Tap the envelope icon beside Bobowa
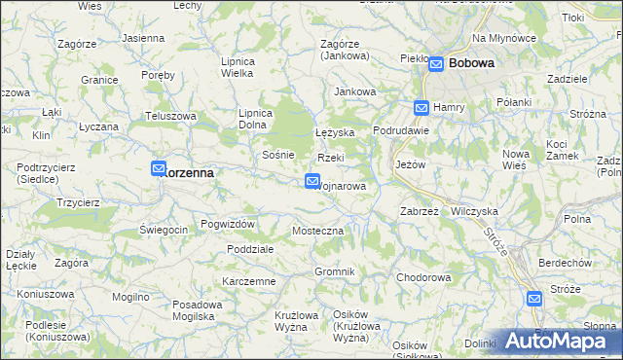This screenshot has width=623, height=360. (x=437, y=63)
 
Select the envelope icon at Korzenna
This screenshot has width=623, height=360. (x=160, y=169)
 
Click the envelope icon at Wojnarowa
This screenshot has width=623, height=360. (x=312, y=180)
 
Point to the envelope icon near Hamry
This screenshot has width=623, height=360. (x=421, y=108)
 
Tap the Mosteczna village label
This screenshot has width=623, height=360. (x=318, y=232)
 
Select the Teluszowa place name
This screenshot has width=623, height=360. (x=171, y=116)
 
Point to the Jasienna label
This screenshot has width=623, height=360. (x=143, y=38)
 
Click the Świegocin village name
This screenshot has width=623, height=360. (x=164, y=230)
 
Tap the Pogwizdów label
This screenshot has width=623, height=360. (x=228, y=224)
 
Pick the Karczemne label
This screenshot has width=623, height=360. (x=248, y=281)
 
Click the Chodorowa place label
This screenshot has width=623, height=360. (x=423, y=277)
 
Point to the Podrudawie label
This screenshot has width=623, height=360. (x=401, y=131)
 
